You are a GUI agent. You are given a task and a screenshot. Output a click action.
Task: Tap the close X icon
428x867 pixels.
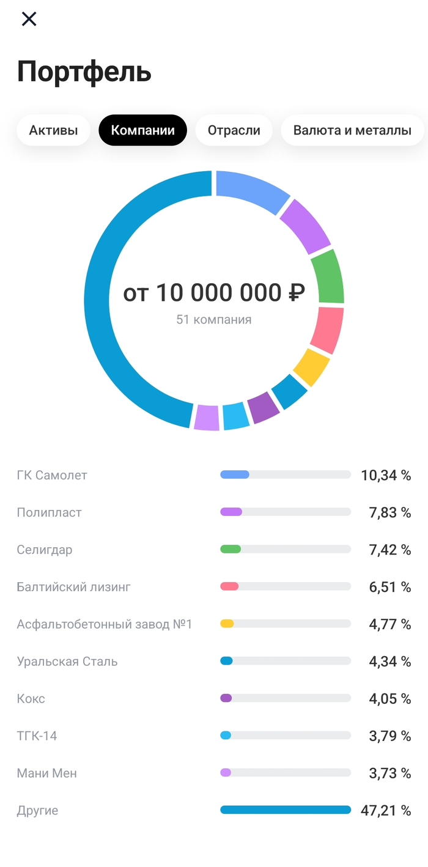click(29, 19)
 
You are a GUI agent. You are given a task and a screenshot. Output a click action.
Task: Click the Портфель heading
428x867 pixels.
click(84, 72)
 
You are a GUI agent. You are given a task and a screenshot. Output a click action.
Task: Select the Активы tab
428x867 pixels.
click(53, 130)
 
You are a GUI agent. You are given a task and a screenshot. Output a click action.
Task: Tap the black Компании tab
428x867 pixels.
click(142, 130)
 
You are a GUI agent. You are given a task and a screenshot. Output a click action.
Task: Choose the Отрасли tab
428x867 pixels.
click(234, 130)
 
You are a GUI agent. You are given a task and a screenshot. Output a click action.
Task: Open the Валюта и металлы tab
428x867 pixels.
click(352, 130)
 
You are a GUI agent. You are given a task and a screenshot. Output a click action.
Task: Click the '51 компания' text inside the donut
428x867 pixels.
click(213, 320)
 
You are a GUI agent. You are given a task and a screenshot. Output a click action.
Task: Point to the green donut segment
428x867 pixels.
click(328, 276)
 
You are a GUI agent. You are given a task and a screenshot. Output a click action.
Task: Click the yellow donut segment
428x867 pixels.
click(311, 367)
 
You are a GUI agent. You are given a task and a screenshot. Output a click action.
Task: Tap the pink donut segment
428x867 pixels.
click(327, 330)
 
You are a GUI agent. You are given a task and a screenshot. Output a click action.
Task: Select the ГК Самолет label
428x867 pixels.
click(52, 475)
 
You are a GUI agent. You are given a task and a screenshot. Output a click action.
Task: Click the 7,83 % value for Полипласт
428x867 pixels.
click(389, 512)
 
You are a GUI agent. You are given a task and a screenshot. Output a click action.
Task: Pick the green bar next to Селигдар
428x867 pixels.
click(231, 549)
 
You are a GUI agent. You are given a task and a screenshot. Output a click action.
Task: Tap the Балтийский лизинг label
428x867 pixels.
click(73, 587)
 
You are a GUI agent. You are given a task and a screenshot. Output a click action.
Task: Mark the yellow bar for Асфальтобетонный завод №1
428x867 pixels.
click(227, 624)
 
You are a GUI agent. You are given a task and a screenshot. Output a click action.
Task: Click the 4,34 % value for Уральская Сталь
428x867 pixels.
click(389, 662)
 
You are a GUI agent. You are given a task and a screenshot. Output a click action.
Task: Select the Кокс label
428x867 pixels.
click(31, 699)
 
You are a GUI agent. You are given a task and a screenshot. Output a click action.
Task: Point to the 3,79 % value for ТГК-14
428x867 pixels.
click(389, 736)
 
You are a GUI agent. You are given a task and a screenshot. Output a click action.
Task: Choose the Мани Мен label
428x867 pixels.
click(47, 773)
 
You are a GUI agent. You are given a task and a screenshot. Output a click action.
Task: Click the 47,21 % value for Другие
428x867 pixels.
click(386, 811)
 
